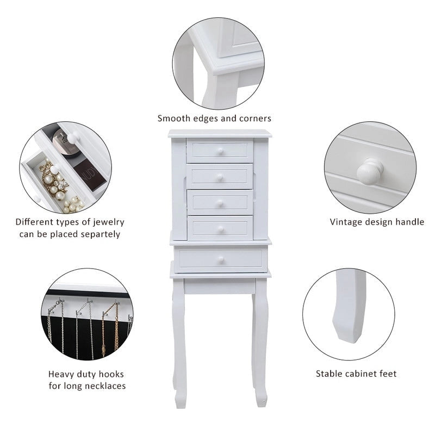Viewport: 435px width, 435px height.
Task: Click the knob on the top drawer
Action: click(221, 151)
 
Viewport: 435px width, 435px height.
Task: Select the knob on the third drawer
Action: click(221, 202)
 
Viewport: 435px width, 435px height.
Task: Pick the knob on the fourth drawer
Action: click(221, 229)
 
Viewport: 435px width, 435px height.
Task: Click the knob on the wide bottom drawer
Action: click(221, 260)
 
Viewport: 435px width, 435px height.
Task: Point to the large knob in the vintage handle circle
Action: click(370, 171)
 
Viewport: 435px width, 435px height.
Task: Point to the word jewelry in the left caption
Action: click(107, 222)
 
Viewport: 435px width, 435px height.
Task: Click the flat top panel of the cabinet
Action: click(220, 133)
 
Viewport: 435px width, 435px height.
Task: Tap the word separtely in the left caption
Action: click(95, 234)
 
